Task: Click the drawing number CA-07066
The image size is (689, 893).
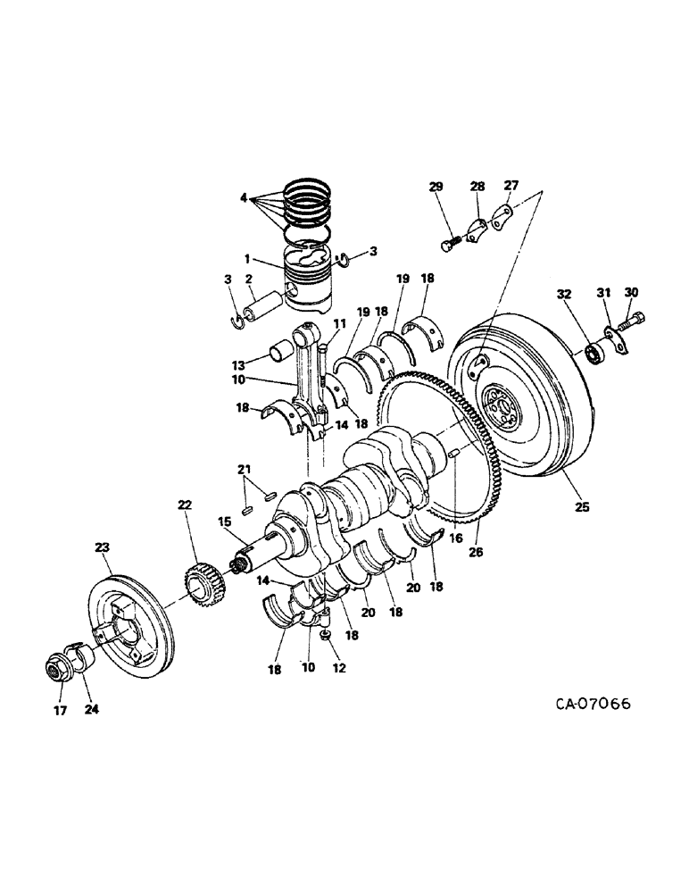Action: (593, 704)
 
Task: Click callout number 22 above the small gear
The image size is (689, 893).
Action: (185, 505)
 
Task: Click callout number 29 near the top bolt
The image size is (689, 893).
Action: (436, 187)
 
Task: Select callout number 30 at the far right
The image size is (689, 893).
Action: (633, 292)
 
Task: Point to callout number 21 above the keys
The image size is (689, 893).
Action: (244, 470)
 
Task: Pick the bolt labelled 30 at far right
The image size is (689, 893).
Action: (636, 317)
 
